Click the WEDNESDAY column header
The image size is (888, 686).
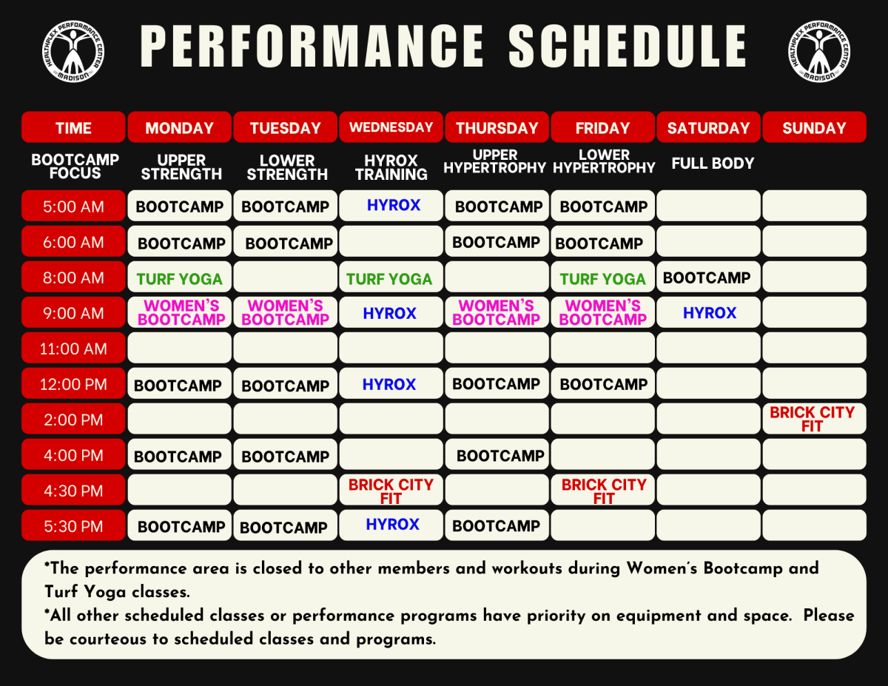[x=391, y=127]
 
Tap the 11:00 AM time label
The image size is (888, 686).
[x=73, y=348]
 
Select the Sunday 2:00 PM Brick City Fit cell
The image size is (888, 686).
[x=814, y=419]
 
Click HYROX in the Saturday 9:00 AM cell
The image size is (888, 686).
[x=710, y=312]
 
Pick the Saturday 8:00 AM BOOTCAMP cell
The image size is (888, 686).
[x=708, y=277]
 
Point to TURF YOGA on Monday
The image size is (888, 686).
[x=179, y=279]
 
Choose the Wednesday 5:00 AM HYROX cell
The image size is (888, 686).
[x=391, y=206]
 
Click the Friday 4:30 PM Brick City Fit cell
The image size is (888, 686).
[x=603, y=490]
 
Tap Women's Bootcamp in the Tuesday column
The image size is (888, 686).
[x=285, y=312]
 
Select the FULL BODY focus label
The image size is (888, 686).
[x=713, y=164]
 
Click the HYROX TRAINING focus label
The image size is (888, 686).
[x=391, y=167]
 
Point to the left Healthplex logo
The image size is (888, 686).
[x=73, y=52]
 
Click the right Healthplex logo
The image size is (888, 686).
[x=819, y=52]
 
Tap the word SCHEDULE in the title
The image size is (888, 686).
[x=628, y=46]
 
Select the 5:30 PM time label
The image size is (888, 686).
[x=73, y=526]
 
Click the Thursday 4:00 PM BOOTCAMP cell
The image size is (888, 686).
[x=497, y=454]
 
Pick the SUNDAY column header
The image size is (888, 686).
[x=814, y=127]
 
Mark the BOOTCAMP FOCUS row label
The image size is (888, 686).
[x=75, y=167]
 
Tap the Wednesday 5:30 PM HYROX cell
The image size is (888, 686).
[x=391, y=525]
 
